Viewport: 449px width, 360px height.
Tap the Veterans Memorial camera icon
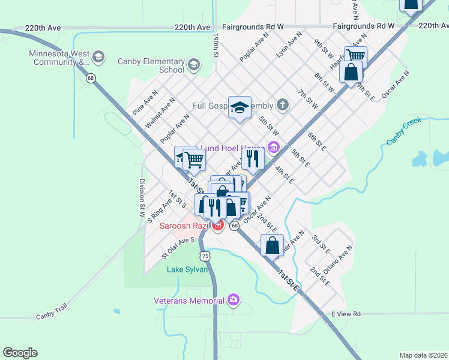click(234, 300)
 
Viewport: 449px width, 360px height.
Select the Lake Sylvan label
click(187, 269)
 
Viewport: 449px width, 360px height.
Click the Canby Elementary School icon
click(193, 64)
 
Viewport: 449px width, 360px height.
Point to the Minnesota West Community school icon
click(98, 57)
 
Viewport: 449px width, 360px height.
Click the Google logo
click(20, 353)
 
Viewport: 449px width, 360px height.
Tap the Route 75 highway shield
click(206, 256)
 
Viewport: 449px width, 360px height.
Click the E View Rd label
click(349, 314)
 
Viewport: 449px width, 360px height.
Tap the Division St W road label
click(142, 197)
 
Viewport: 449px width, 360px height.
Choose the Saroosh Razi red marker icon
click(217, 226)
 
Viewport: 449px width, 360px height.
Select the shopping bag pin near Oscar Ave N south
click(272, 245)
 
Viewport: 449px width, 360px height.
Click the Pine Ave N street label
click(145, 103)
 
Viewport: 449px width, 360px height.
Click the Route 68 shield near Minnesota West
click(91, 77)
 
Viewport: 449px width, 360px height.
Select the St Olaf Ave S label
click(178, 248)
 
